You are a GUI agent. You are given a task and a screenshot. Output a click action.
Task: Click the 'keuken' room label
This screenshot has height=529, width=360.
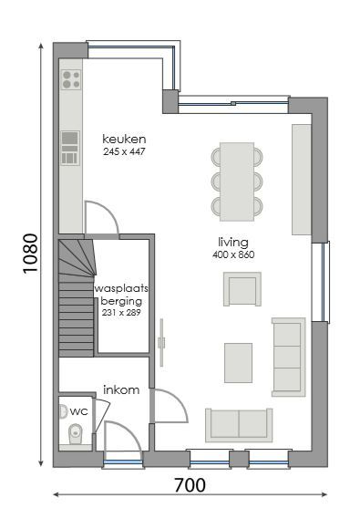(x=124, y=139)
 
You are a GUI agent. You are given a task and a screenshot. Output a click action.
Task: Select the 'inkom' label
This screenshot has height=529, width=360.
(x=121, y=389)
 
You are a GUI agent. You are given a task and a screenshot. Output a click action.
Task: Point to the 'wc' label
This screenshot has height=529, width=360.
(x=79, y=411)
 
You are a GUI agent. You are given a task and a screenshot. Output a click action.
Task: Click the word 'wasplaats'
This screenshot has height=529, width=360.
(x=121, y=287)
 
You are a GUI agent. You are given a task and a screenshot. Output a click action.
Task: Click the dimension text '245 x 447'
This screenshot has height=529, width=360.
(x=124, y=151)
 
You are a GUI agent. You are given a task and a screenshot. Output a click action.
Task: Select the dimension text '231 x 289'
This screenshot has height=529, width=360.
(x=121, y=312)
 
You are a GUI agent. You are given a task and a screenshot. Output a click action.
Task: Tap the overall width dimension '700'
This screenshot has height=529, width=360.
(x=189, y=485)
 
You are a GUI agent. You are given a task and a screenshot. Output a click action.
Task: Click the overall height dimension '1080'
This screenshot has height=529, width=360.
(x=30, y=258)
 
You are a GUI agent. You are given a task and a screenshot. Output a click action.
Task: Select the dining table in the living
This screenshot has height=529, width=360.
(x=237, y=181)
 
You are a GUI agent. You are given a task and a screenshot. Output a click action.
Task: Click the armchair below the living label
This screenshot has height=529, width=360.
(x=242, y=289)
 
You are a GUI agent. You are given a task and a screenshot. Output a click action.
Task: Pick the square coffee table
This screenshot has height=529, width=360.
(x=239, y=362)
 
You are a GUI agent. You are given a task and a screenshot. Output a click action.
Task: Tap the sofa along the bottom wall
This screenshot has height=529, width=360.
(x=238, y=424)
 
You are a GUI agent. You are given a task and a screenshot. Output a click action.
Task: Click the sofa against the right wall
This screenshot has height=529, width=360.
(x=288, y=357)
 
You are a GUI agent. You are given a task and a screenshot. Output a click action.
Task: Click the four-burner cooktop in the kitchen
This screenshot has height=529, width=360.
(x=70, y=80)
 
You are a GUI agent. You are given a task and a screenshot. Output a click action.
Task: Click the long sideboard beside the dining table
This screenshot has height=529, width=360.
(x=301, y=179)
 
